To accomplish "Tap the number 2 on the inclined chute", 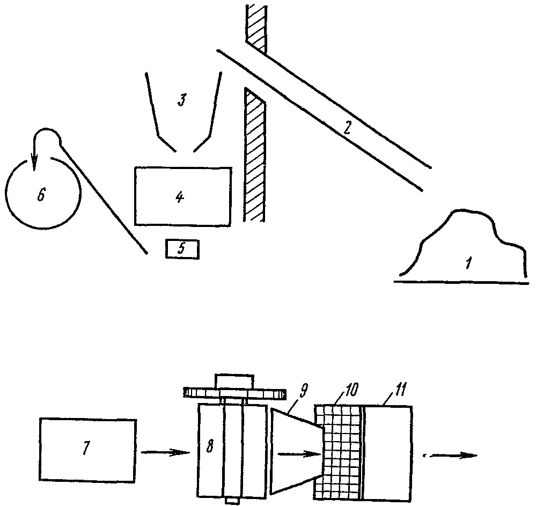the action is pyautogui.click(x=347, y=128).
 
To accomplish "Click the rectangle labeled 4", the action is pyautogui.click(x=182, y=196).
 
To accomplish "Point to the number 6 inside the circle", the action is pyautogui.click(x=41, y=194).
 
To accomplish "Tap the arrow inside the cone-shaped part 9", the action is pyautogui.click(x=298, y=454).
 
